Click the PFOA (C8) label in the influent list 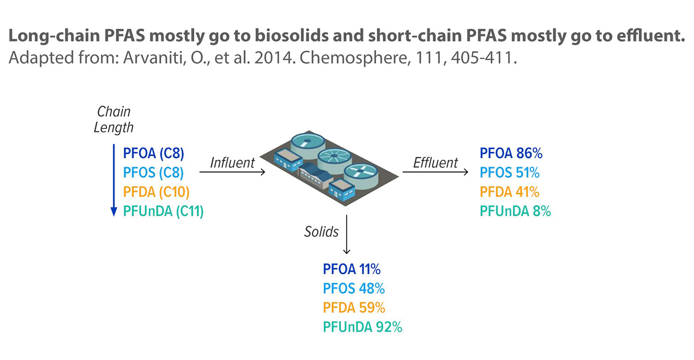[x=153, y=153]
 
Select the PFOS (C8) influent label [x=153, y=173]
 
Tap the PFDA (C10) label [x=156, y=192]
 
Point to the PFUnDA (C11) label [x=163, y=211]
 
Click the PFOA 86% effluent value [x=511, y=153]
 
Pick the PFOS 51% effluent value [x=510, y=173]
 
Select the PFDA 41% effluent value [x=510, y=192]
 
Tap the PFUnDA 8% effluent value [x=515, y=211]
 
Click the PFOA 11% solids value [x=351, y=269]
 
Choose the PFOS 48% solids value [x=354, y=289]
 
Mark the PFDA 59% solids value [x=354, y=307]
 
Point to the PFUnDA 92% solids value [x=362, y=327]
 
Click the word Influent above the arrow [x=232, y=163]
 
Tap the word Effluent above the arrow [x=435, y=163]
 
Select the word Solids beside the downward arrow [x=321, y=232]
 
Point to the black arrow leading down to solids [x=347, y=235]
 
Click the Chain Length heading [x=114, y=120]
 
